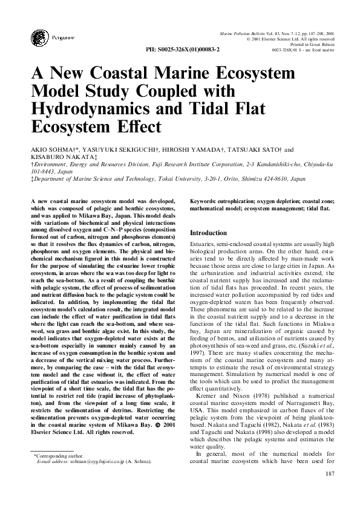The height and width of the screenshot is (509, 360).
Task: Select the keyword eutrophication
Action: point(241,199)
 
